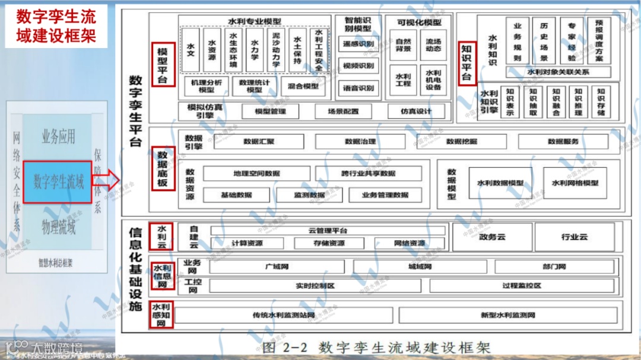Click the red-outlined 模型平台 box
click(x=163, y=64)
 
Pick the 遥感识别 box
click(x=358, y=44)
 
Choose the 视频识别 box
click(x=358, y=65)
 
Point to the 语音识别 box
click(x=358, y=88)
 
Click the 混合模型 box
click(x=303, y=86)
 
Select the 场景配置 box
click(x=343, y=111)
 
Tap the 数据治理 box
click(x=360, y=142)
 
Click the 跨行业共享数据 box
click(x=368, y=173)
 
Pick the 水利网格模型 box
click(x=575, y=183)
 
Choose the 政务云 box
click(x=492, y=237)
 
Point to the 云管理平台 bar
click(x=328, y=231)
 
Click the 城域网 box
click(x=420, y=267)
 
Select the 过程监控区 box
click(x=521, y=285)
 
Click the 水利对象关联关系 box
click(x=558, y=72)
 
